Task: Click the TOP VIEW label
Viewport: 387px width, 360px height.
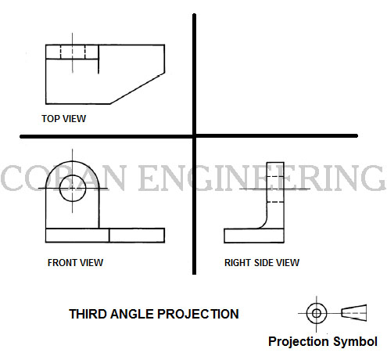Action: point(63,119)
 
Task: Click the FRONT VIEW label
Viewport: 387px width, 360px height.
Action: point(75,262)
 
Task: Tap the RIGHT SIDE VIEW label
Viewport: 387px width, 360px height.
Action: point(262,262)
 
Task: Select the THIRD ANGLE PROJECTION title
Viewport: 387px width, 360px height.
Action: point(154,314)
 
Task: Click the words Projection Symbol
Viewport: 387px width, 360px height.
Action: point(323,341)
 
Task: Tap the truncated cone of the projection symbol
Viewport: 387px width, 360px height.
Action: point(354,312)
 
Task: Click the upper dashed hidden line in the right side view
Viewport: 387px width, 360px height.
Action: point(275,177)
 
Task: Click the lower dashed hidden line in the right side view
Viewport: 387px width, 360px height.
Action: point(275,202)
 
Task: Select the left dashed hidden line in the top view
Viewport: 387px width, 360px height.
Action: point(61,52)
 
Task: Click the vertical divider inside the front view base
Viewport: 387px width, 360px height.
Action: point(109,236)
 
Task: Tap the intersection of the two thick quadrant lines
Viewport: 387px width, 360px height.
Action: point(194,136)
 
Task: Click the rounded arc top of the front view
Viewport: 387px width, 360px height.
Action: point(73,161)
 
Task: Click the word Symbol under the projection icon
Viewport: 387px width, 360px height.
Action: point(355,341)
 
